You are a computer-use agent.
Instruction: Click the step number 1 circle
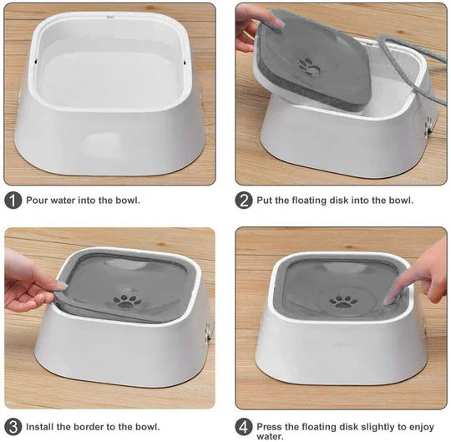(x=13, y=201)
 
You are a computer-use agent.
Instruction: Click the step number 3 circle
(x=13, y=426)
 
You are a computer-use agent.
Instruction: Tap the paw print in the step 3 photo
(x=126, y=299)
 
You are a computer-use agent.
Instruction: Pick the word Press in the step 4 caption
(x=271, y=426)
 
